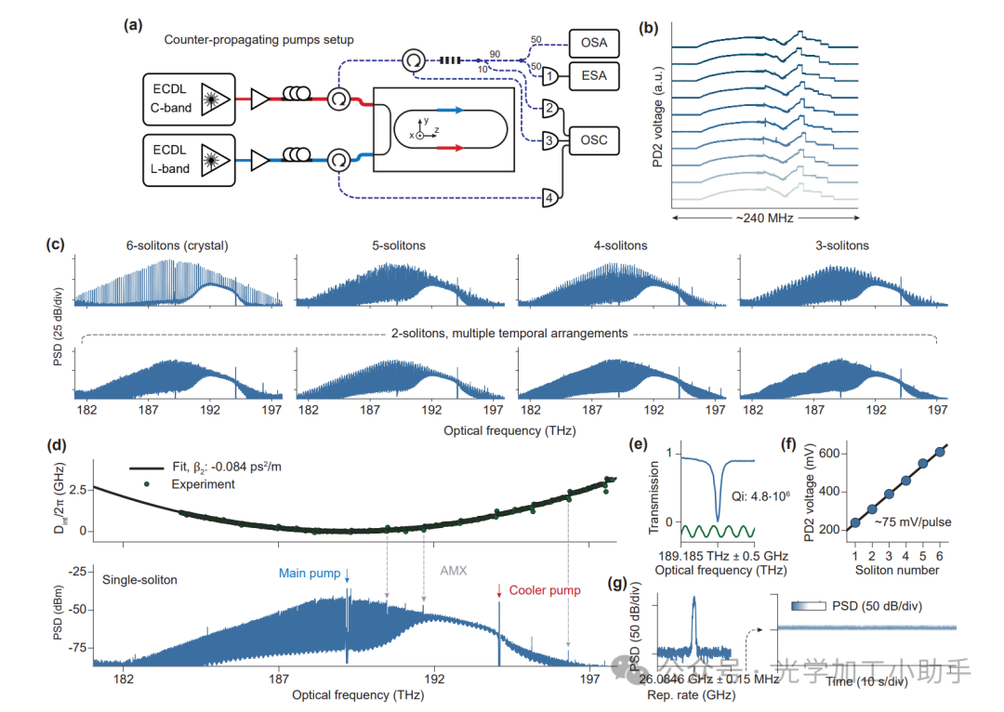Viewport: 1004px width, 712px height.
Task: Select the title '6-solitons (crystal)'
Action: (178, 246)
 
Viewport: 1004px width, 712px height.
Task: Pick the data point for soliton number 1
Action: (854, 523)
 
